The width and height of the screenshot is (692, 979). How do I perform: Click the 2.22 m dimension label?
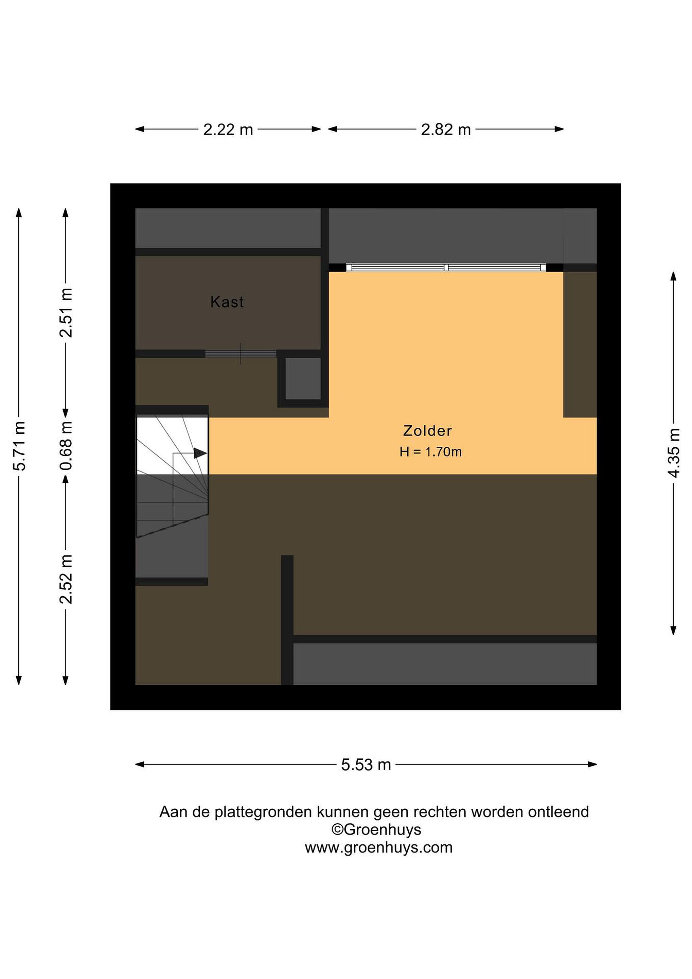tap(228, 129)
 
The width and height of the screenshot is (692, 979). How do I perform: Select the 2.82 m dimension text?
tap(446, 129)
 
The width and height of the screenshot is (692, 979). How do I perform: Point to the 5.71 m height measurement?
tap(19, 446)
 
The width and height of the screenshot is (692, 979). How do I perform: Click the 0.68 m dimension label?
tap(66, 446)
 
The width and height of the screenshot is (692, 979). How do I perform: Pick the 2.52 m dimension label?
tap(66, 579)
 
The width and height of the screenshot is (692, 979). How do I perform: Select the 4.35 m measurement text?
tap(674, 453)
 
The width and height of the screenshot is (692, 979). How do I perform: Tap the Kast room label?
tap(227, 302)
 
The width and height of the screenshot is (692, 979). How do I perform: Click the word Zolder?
tap(427, 431)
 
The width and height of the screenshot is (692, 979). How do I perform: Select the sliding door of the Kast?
tap(241, 354)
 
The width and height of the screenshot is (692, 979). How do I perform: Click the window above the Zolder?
tap(446, 267)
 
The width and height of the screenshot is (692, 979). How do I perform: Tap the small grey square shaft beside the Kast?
tap(303, 379)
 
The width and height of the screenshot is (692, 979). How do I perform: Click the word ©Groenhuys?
tap(376, 829)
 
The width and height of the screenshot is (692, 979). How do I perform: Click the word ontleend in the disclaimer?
tap(558, 811)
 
